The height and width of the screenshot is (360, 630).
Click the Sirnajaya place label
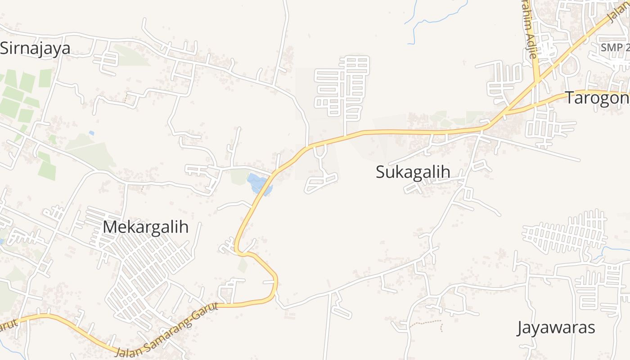point(35,48)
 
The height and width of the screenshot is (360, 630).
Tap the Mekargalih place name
point(145,227)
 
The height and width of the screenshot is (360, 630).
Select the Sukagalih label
point(413,171)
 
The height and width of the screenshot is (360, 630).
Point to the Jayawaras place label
point(556,327)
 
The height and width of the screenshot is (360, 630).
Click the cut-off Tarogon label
point(597,98)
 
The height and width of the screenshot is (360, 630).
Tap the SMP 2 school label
point(615,47)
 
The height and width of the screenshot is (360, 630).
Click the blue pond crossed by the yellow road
point(259,184)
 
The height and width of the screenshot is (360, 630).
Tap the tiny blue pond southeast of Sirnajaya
point(92,133)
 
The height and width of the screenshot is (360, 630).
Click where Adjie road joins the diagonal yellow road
point(537,81)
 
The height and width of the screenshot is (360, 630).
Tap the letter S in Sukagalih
point(381,172)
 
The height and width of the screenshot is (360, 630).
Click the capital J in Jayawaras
point(521,328)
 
